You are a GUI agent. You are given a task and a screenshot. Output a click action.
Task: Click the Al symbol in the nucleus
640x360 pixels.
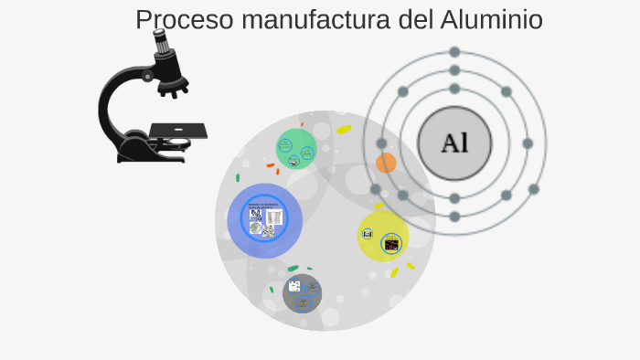click(x=454, y=143)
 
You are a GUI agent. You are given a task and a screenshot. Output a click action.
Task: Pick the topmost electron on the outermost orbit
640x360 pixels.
click(x=454, y=52)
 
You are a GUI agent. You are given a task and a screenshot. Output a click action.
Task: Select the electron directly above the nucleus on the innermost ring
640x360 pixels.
click(x=454, y=89)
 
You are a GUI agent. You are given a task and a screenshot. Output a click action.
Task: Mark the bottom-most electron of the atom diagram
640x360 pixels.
click(x=454, y=217)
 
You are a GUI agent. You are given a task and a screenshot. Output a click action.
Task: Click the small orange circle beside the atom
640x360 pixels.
click(x=386, y=164)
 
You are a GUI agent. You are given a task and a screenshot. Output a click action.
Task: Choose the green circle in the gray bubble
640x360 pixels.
click(x=296, y=149)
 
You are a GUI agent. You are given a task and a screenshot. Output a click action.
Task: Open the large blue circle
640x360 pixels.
click(x=265, y=220)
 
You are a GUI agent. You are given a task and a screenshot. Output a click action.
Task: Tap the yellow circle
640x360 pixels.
click(x=383, y=237)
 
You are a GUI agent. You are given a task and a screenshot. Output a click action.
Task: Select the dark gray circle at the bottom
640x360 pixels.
click(x=302, y=292)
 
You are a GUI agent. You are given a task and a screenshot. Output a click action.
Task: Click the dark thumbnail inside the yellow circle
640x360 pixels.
click(x=391, y=244)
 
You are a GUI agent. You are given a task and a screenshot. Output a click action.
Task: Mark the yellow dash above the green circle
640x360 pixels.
click(x=344, y=130)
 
